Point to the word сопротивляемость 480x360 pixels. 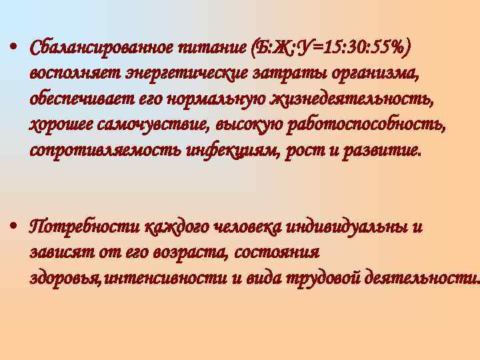[x=101, y=151]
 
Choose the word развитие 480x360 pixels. [x=381, y=151]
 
